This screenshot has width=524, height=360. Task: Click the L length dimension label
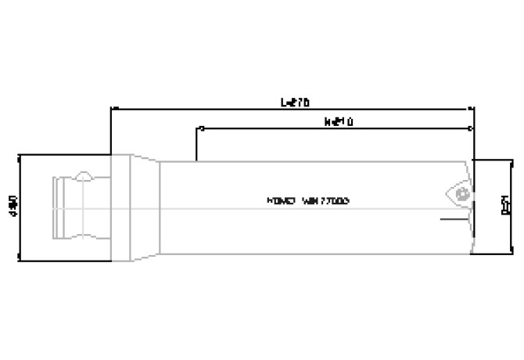(295, 102)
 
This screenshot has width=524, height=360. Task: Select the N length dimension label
(337, 123)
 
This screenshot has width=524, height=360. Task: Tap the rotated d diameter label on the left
(13, 206)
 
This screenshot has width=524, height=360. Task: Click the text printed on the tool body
(307, 201)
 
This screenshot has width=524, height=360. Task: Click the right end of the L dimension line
(474, 108)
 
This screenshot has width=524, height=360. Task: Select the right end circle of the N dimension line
(472, 128)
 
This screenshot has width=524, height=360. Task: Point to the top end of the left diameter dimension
(19, 155)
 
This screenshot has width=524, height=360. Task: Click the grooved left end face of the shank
(56, 207)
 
